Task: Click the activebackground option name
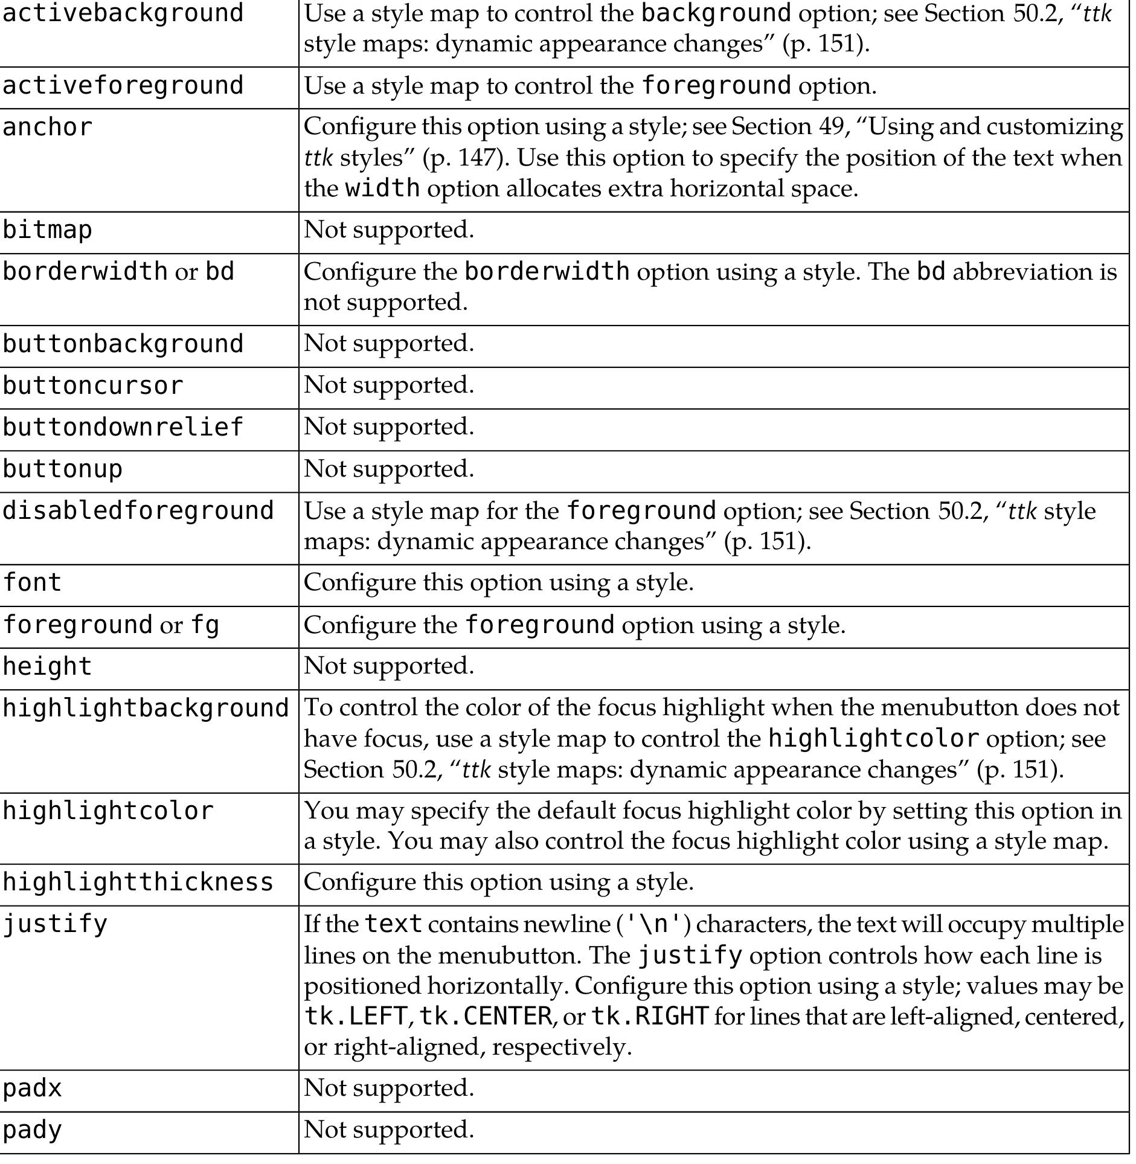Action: [123, 13]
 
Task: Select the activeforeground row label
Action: [123, 86]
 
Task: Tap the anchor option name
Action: [48, 127]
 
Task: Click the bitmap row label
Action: [48, 230]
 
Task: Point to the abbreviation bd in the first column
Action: [220, 272]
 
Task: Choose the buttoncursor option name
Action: [93, 386]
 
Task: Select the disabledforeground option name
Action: [138, 511]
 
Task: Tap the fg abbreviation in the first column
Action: [205, 625]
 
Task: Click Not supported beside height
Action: [388, 666]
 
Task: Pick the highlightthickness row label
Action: [138, 883]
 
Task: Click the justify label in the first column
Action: [55, 924]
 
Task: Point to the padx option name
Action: [33, 1088]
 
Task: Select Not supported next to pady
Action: [388, 1129]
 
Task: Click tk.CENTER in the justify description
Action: [485, 1017]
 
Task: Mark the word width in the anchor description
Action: [382, 188]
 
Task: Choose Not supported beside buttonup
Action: [388, 469]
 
